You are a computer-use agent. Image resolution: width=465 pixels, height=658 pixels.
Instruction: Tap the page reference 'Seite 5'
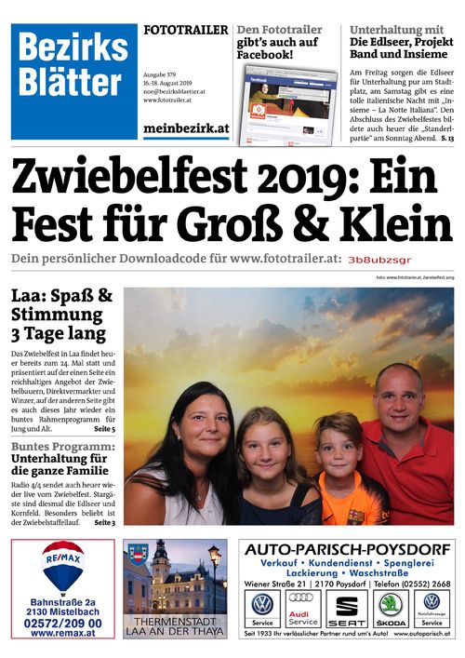pyautogui.click(x=104, y=429)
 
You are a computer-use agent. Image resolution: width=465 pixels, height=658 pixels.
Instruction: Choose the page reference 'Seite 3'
pyautogui.click(x=104, y=523)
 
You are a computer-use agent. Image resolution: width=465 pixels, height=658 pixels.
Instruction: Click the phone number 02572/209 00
pyautogui.click(x=63, y=622)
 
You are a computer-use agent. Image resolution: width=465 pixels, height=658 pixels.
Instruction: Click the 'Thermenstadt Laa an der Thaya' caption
pyautogui.click(x=174, y=625)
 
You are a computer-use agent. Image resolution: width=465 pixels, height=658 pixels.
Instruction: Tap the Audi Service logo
pyautogui.click(x=302, y=610)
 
